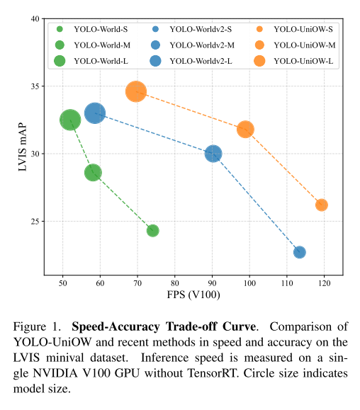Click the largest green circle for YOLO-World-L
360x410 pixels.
tap(69, 120)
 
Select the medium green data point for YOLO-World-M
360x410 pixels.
tap(93, 172)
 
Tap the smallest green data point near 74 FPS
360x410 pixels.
tap(152, 230)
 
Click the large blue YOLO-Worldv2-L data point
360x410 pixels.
tap(95, 113)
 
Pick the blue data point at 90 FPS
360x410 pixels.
tap(213, 154)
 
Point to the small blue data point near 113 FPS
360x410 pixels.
tap(300, 252)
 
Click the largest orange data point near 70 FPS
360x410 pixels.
tap(136, 91)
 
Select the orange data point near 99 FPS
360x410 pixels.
tap(246, 129)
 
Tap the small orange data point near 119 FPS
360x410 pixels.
tap(322, 205)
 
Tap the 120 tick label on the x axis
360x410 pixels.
tap(324, 283)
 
